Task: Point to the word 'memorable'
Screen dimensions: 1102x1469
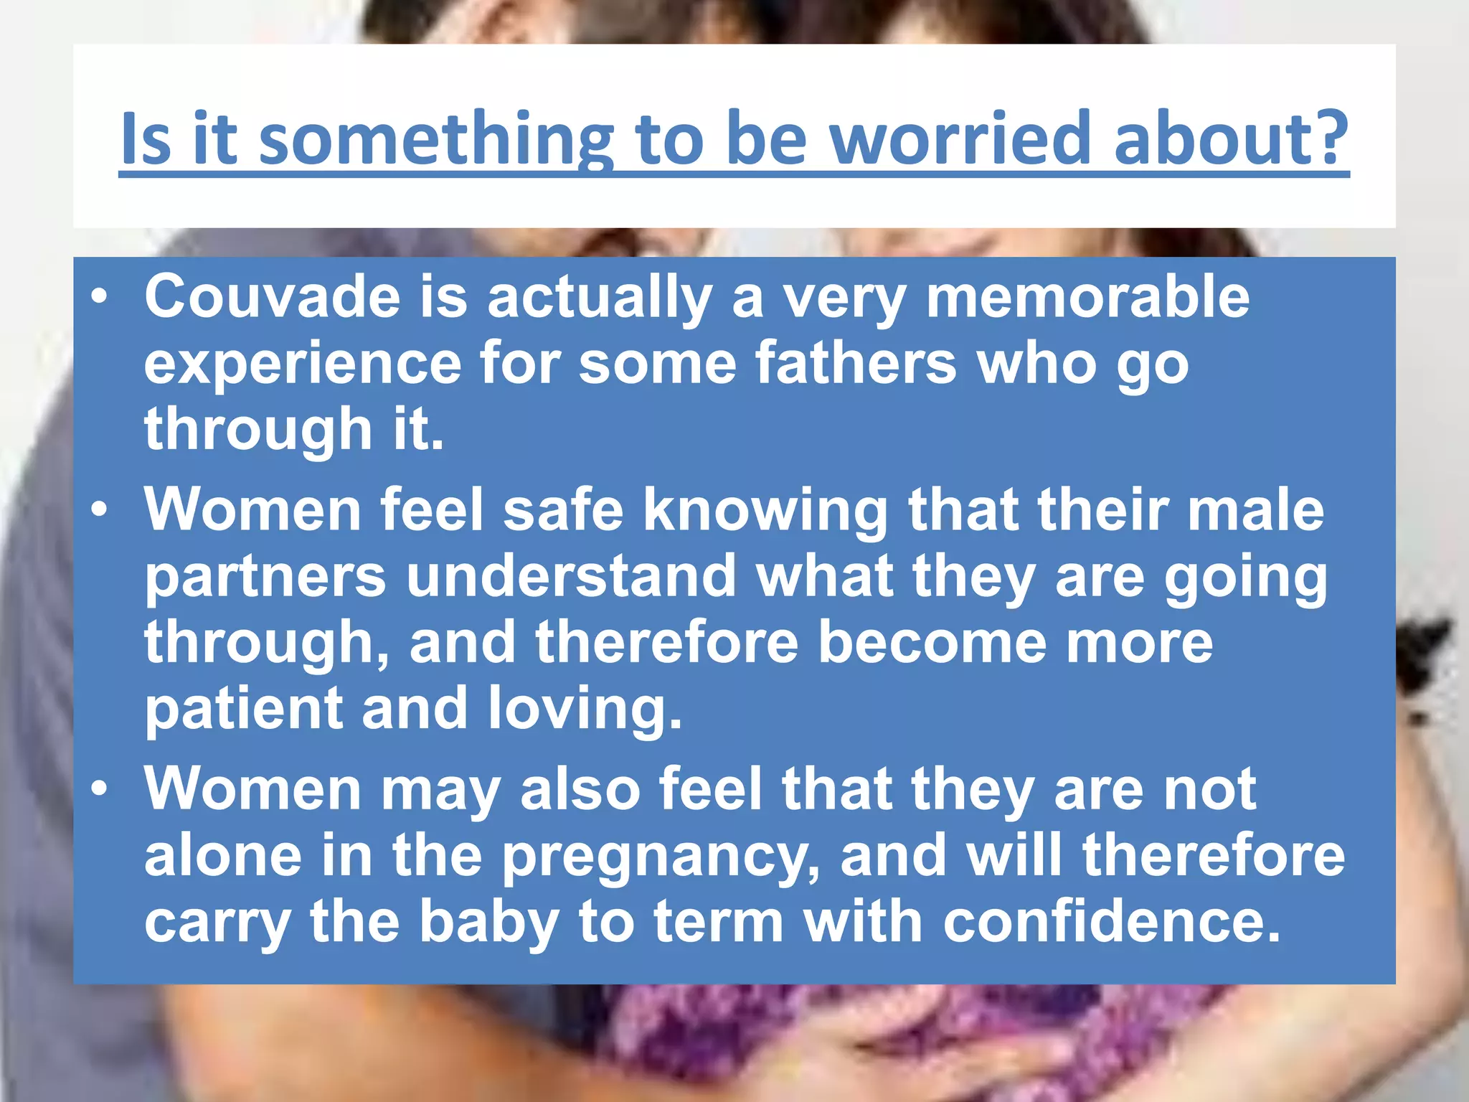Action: [1087, 297]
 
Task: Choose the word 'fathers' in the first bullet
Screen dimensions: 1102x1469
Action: [856, 363]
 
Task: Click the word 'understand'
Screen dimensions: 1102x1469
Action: [571, 576]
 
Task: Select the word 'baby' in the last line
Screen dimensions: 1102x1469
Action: [488, 924]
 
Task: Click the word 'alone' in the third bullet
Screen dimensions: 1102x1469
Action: [223, 856]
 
